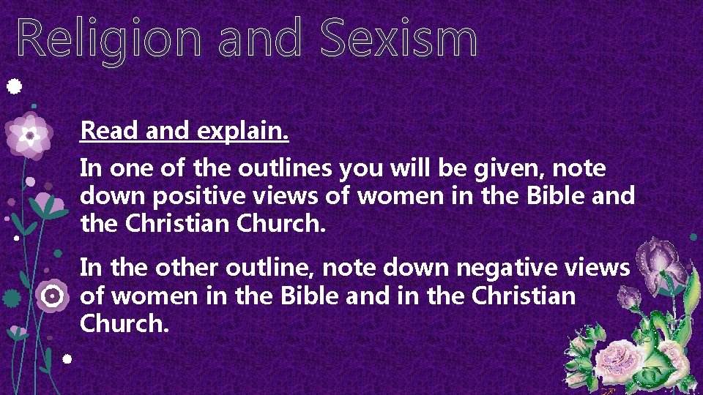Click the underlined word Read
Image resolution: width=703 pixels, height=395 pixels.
click(x=111, y=131)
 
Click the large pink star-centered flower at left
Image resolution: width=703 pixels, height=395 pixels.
click(x=29, y=135)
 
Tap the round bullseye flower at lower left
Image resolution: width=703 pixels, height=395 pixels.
click(x=51, y=296)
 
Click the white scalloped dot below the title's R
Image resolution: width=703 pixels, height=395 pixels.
click(x=13, y=87)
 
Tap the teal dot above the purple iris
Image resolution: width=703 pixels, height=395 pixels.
click(x=693, y=236)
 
